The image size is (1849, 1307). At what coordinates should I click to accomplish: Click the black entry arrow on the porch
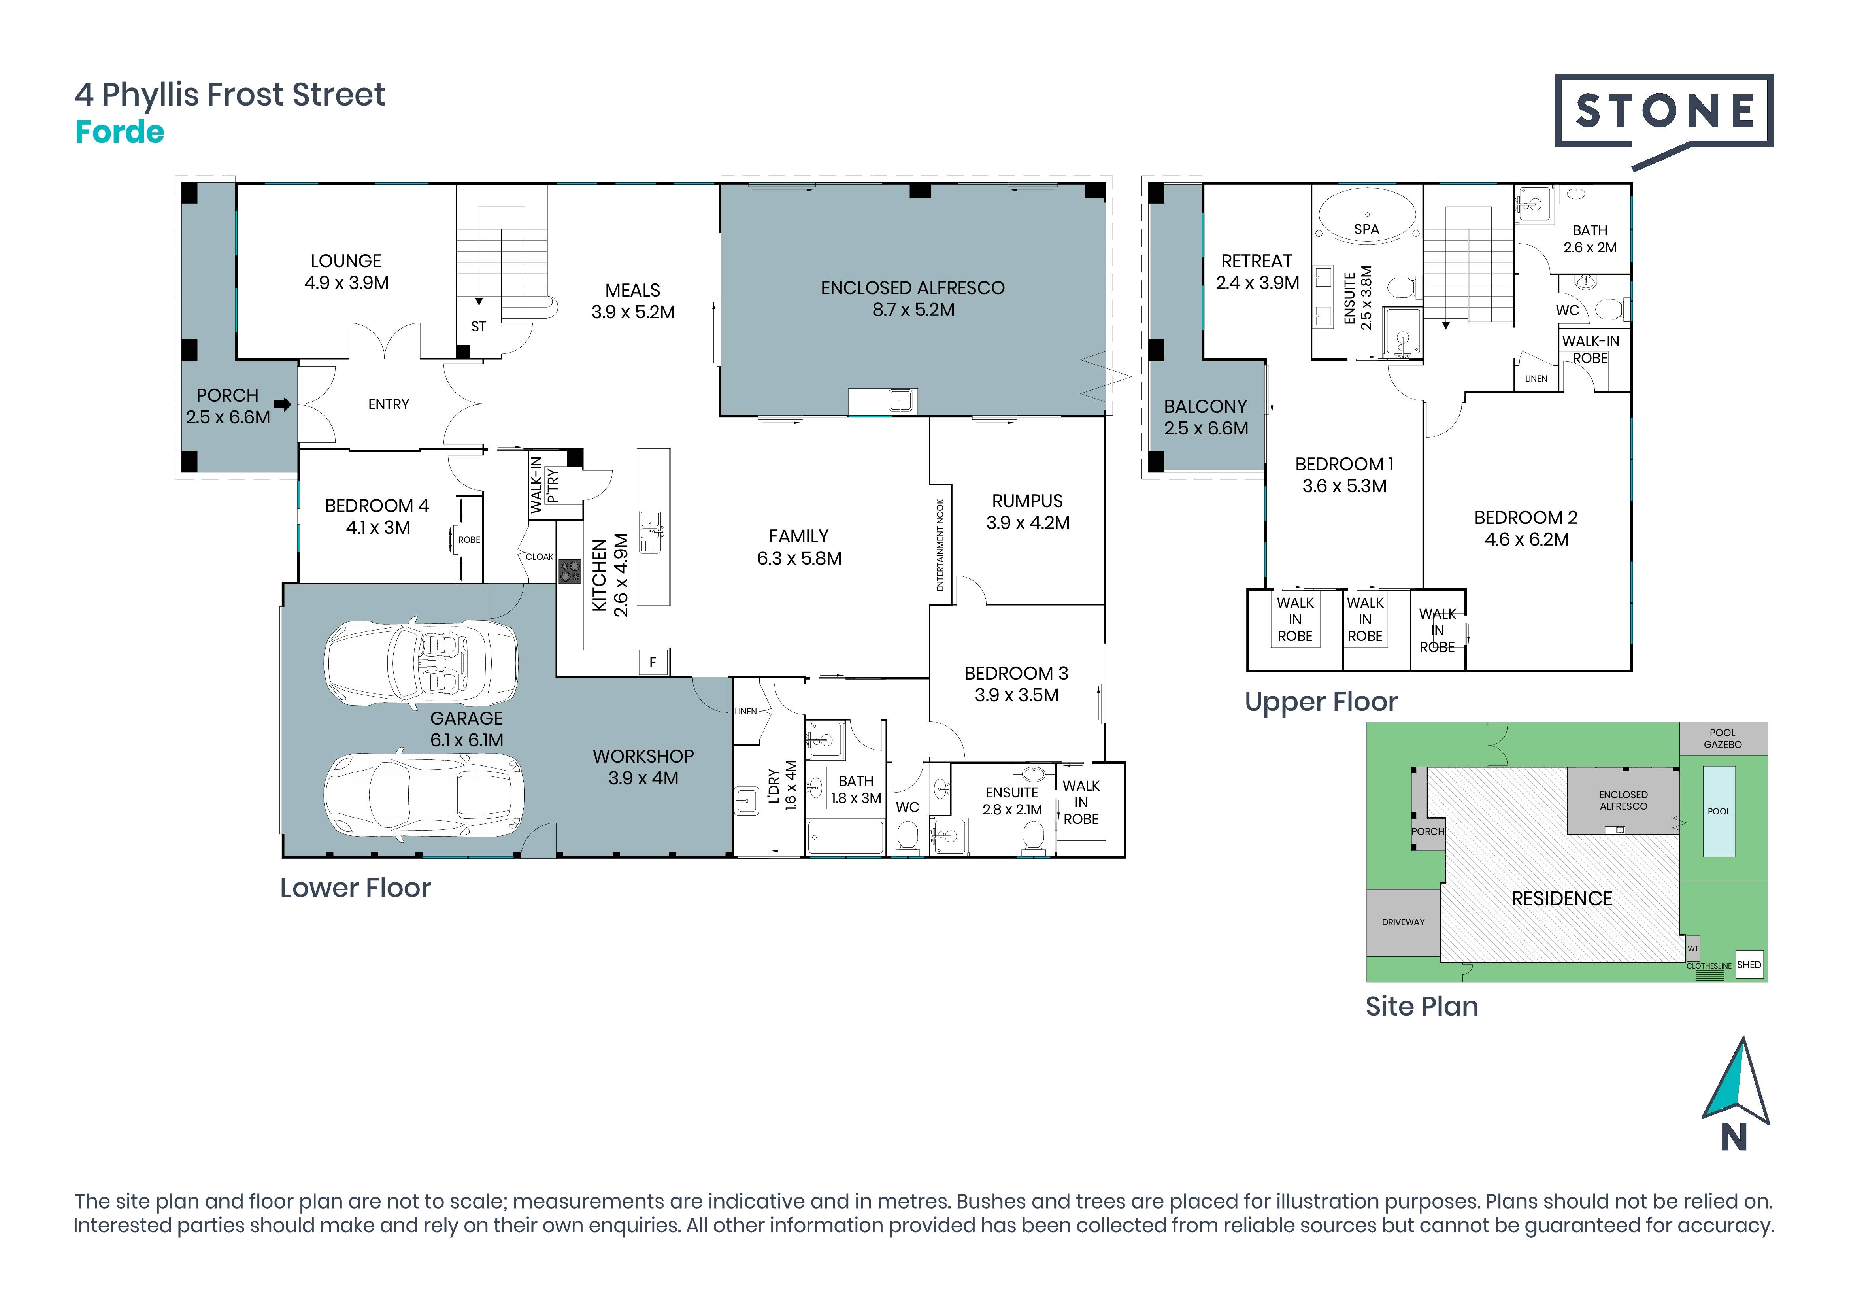coord(282,404)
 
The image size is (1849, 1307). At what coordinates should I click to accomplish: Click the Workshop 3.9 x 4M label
coord(643,767)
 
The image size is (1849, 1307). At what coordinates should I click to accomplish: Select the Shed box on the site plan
coord(1749,965)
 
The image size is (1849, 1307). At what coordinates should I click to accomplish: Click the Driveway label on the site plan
coord(1404,922)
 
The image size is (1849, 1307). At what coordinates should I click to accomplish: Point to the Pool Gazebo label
coord(1723,738)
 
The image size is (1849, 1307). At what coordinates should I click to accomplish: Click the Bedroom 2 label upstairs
coord(1526,528)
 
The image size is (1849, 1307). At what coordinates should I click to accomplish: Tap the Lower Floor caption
coord(355,888)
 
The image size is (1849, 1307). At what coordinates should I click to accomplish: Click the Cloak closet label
coord(540,557)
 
